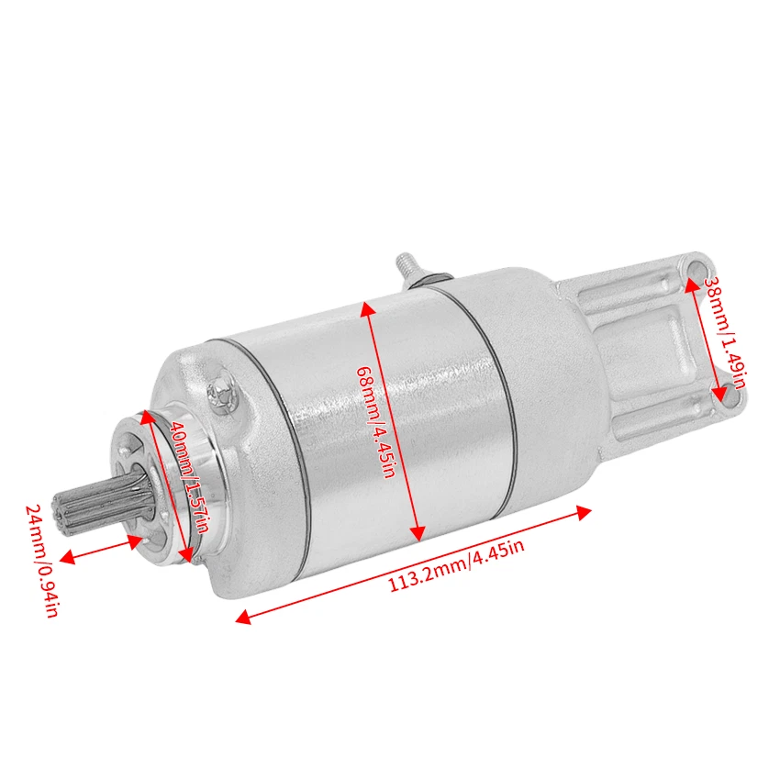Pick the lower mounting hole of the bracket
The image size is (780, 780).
click(722, 400)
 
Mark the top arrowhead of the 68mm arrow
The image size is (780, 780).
click(368, 306)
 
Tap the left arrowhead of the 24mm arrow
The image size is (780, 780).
click(64, 555)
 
